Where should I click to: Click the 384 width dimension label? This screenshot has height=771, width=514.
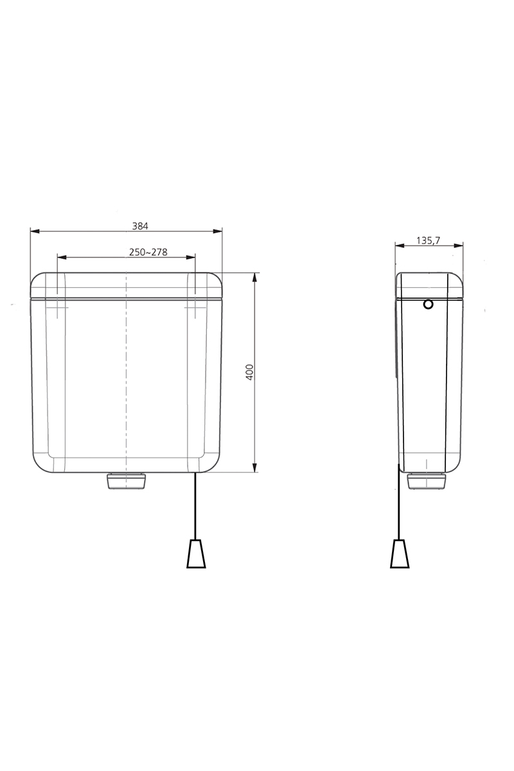pyautogui.click(x=140, y=226)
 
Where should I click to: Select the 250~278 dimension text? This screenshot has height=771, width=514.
pyautogui.click(x=148, y=253)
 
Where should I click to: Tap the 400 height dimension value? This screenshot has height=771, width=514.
pyautogui.click(x=249, y=372)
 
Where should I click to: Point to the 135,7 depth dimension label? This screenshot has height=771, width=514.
pyautogui.click(x=428, y=240)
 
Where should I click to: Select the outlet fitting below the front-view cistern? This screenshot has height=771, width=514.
pyautogui.click(x=126, y=481)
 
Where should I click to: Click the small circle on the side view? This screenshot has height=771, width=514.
pyautogui.click(x=428, y=305)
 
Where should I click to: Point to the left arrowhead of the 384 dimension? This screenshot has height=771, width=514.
pyautogui.click(x=35, y=231)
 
